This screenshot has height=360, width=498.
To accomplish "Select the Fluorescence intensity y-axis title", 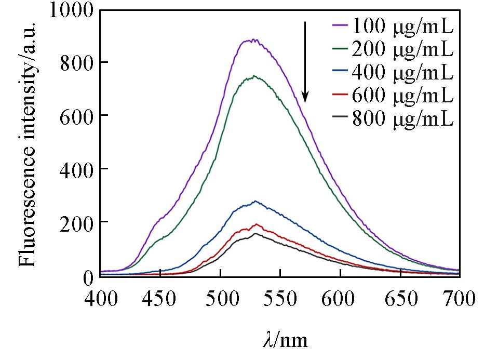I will click(29, 144).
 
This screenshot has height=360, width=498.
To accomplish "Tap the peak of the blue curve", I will click(255, 201).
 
